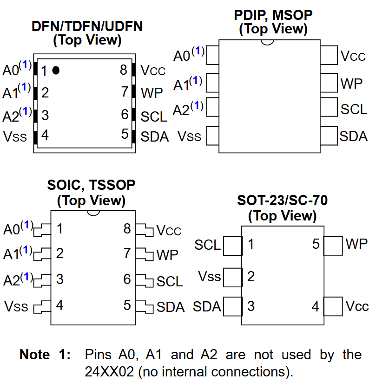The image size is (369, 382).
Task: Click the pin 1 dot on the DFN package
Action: pyautogui.click(x=56, y=70)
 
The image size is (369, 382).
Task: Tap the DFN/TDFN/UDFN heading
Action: pyautogui.click(x=87, y=26)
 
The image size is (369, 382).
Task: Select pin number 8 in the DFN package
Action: pyautogui.click(x=123, y=70)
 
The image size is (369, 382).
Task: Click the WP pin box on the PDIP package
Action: pyautogui.click(x=329, y=83)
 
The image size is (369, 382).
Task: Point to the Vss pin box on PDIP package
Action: pyautogui.click(x=212, y=136)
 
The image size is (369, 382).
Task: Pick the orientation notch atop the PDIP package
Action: pyautogui.click(x=267, y=42)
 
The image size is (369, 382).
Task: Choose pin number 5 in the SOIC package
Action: pyautogui.click(x=127, y=305)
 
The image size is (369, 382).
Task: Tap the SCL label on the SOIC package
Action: pyautogui.click(x=170, y=281)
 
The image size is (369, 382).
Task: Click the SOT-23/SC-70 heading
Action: pyautogui.click(x=282, y=201)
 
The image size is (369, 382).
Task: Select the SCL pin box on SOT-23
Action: pyautogui.click(x=232, y=246)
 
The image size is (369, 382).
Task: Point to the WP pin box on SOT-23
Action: pyautogui.click(x=333, y=246)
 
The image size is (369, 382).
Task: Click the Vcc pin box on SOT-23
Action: pyautogui.click(x=333, y=306)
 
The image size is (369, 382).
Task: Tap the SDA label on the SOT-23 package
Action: pyautogui.click(x=207, y=306)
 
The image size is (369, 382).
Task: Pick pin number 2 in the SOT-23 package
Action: pyautogui.click(x=251, y=277)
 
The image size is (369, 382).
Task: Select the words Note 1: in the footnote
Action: pyautogui.click(x=45, y=355)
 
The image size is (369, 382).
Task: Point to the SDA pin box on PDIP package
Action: pyautogui.click(x=329, y=136)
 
